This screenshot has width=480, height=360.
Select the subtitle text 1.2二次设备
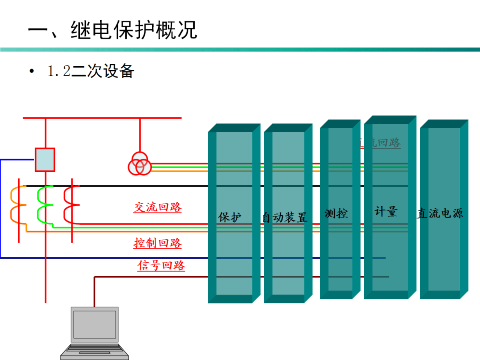point(91,71)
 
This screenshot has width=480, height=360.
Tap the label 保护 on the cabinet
point(230,217)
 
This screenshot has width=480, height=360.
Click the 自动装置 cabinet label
point(284,217)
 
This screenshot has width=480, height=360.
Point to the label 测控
point(336,213)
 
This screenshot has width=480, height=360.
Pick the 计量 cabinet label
point(386,212)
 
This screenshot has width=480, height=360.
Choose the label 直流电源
point(440,213)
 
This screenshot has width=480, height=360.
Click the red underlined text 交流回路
point(158,207)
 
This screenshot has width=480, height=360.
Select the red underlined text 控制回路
point(158,243)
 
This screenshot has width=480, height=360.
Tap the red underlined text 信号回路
point(161,266)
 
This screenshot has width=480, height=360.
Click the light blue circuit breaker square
point(45,160)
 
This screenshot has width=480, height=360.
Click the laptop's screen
point(95,324)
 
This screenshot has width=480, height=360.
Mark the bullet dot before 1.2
point(31,72)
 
